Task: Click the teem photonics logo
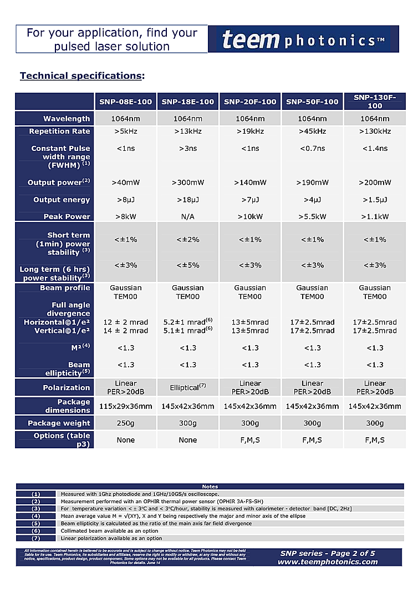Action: tap(303, 39)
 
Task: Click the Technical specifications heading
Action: tap(81, 76)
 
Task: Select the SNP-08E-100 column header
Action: tap(126, 102)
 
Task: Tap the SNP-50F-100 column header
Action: tap(312, 102)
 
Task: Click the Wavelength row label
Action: tap(67, 119)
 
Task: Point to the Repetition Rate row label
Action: tap(59, 131)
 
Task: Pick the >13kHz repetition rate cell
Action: tap(188, 131)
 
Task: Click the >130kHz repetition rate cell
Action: tap(375, 131)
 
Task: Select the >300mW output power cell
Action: tap(188, 183)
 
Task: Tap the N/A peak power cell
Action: tap(188, 216)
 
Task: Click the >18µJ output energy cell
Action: tap(188, 200)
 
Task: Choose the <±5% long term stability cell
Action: tap(188, 265)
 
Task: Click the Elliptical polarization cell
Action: tap(188, 387)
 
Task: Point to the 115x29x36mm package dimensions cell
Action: tap(126, 406)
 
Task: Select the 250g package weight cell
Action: tap(126, 423)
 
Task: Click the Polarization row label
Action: tap(67, 387)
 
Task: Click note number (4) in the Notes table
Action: tap(36, 516)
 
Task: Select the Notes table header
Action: tap(210, 487)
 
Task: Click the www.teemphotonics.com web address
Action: tap(328, 561)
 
